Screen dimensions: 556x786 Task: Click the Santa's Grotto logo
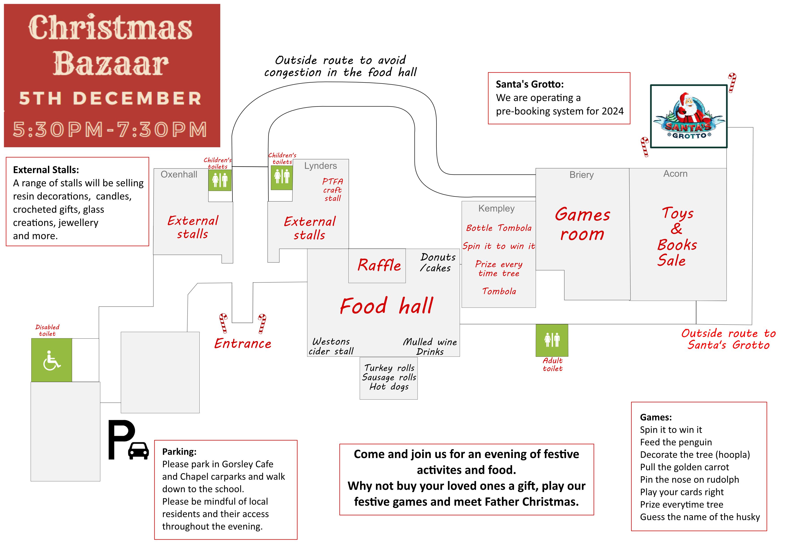point(689,116)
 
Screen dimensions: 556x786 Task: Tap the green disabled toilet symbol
point(52,360)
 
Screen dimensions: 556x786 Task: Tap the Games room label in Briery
point(582,224)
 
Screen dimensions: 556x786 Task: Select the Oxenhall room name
point(179,175)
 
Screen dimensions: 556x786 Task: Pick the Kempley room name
point(496,208)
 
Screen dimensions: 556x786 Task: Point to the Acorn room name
point(675,174)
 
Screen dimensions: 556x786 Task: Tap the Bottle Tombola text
point(499,228)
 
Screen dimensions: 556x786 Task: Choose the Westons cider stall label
point(331,346)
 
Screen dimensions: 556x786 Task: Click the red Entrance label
point(243,343)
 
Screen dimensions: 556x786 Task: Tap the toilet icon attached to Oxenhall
point(220,180)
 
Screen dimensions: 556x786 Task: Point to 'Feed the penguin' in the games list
point(676,442)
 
